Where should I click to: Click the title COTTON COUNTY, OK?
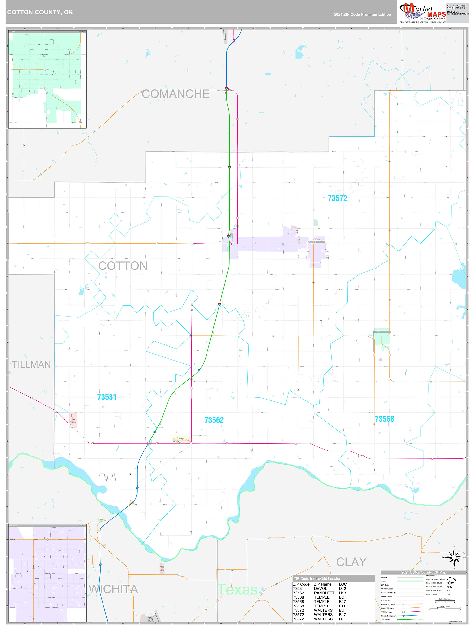pos(40,12)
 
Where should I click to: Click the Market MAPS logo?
pos(422,13)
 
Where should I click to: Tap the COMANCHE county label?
pos(176,94)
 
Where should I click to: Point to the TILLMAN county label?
pos(31,364)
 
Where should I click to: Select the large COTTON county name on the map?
pos(123,266)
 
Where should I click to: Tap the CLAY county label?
pos(351,562)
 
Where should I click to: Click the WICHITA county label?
pos(113,589)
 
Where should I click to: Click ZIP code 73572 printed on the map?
pos(337,198)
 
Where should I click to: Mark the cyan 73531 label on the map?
pos(107,397)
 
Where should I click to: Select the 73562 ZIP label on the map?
pos(214,420)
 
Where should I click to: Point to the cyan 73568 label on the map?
pos(384,419)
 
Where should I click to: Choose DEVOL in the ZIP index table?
pos(320,588)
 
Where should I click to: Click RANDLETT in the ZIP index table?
pos(324,593)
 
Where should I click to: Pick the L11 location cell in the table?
pos(342,606)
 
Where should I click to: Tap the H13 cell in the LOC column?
pos(343,593)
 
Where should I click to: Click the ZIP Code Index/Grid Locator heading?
pos(317,578)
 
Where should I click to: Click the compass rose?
pos(454,557)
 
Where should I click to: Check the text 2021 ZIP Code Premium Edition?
pos(362,14)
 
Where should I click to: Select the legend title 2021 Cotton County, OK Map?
pos(423,572)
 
